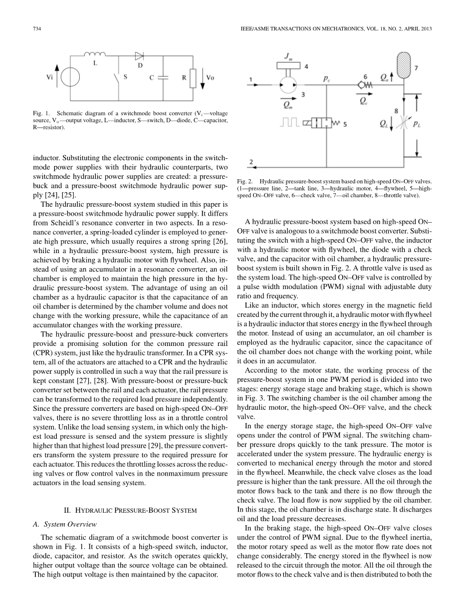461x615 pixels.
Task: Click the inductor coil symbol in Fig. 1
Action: pos(95,54)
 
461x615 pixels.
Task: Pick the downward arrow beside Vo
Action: pos(203,78)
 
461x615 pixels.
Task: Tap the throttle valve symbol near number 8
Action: pos(403,123)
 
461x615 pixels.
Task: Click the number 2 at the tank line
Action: pos(251,162)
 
